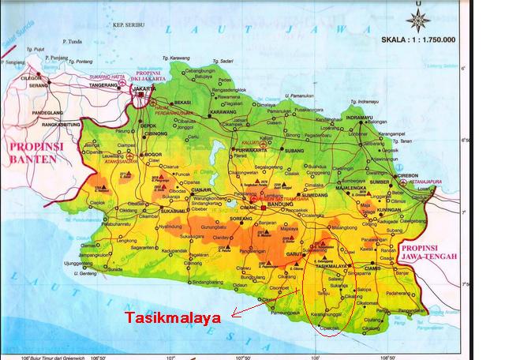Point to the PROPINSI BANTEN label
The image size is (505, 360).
click(32, 152)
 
